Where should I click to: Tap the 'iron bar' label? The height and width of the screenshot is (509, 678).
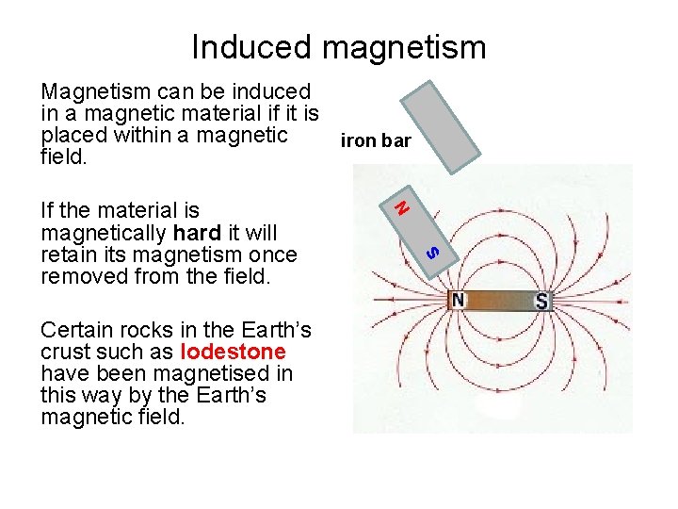[376, 141]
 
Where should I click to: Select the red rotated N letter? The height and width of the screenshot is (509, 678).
[401, 205]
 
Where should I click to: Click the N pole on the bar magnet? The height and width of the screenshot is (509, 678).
[458, 301]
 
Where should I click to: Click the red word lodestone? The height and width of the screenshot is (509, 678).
[233, 353]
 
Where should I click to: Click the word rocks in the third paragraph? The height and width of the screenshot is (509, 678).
[142, 331]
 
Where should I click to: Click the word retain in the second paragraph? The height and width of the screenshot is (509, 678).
[70, 254]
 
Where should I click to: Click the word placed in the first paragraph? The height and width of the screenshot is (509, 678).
[71, 135]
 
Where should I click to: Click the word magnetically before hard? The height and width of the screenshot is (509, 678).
[105, 233]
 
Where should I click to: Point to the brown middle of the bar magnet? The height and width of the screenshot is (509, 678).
[499, 301]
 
